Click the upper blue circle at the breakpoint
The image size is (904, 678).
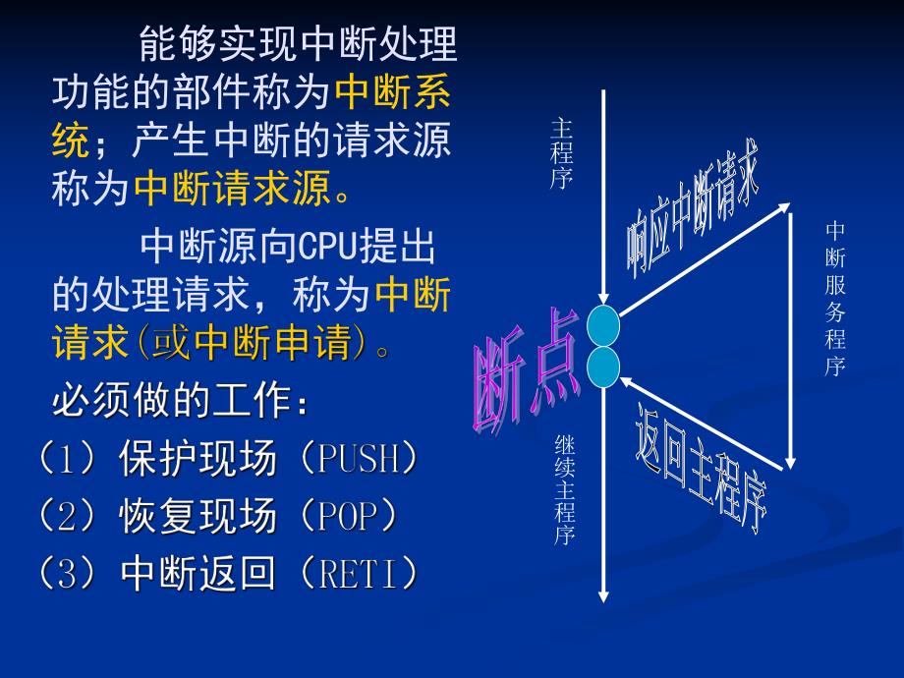click(603, 325)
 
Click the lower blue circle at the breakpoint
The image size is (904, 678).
click(603, 367)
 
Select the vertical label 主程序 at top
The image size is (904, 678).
click(562, 153)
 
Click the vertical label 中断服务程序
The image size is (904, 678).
click(835, 299)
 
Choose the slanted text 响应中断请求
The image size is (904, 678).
click(694, 206)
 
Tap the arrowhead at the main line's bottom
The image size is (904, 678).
click(603, 595)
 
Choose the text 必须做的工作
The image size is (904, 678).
click(173, 401)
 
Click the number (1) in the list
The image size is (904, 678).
click(64, 459)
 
